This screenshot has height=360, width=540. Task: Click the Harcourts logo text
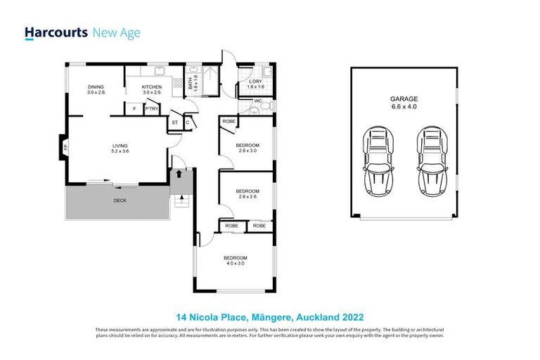[56, 32]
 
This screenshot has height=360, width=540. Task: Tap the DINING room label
[96, 89]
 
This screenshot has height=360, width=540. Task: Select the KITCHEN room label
[152, 89]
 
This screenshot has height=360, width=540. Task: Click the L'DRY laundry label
[255, 86]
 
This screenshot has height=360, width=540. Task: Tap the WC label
[258, 100]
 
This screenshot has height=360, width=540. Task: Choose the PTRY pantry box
[151, 109]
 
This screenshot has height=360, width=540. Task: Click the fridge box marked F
[134, 109]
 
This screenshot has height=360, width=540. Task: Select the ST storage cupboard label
[175, 122]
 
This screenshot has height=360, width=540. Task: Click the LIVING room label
[119, 147]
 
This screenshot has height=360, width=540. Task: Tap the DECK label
[121, 201]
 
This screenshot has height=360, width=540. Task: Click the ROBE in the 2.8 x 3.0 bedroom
[229, 122]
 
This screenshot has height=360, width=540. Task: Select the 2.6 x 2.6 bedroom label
[247, 193]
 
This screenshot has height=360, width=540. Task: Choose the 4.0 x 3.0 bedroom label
[235, 260]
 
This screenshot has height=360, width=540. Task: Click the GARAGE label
[404, 103]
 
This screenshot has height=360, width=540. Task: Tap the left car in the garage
[378, 162]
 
